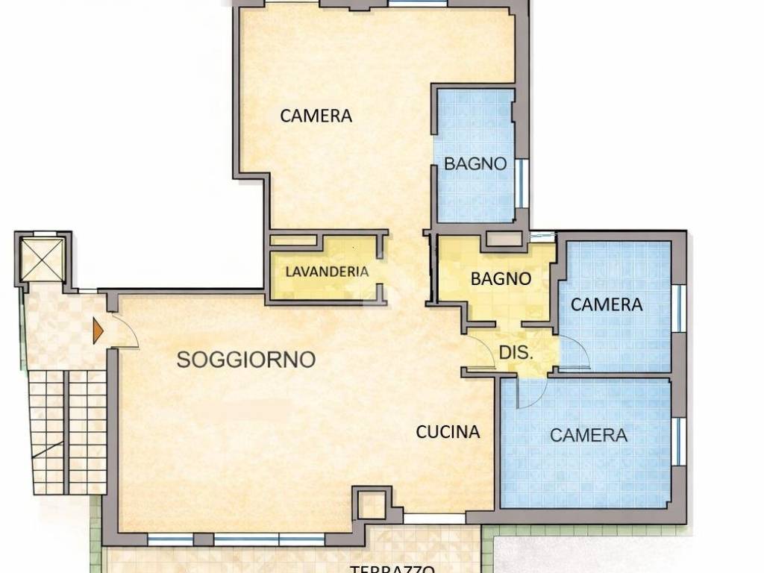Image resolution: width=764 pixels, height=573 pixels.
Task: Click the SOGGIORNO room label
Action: tap(245, 360)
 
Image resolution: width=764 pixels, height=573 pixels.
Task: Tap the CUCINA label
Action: tap(448, 431)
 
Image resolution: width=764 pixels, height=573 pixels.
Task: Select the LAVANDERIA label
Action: tap(327, 272)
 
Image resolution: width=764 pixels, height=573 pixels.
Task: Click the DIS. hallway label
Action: tap(516, 354)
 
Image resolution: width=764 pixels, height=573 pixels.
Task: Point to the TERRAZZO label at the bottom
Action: tap(392, 569)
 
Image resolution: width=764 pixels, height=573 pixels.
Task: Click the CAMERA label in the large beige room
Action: tap(316, 116)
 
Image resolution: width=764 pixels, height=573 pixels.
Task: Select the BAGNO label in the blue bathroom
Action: tap(475, 164)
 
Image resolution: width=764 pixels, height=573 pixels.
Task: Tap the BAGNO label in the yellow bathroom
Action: tap(501, 279)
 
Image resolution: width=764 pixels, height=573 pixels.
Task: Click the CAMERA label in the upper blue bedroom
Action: tap(606, 304)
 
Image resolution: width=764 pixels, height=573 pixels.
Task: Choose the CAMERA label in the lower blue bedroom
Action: tap(589, 435)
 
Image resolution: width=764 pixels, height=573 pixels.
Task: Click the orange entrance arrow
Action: tap(97, 331)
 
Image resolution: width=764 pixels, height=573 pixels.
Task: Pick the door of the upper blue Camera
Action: tap(574, 352)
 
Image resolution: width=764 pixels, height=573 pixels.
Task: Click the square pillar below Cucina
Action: tap(371, 504)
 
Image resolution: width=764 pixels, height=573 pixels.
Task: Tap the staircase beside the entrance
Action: tap(66, 433)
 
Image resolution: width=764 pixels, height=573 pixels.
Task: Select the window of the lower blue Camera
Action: tap(678, 439)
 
